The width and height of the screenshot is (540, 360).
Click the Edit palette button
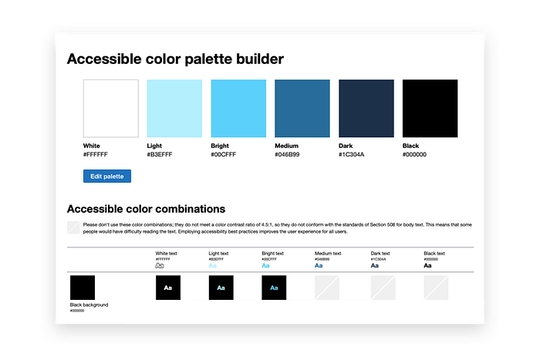coord(107,176)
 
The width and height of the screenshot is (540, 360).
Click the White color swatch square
coord(110,108)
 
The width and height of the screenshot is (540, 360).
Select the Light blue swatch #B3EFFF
coord(174,108)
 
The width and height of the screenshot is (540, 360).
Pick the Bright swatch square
coord(238,108)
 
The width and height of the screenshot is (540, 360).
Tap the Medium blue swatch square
coord(302,108)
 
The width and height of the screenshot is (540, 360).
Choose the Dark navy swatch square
coord(366,108)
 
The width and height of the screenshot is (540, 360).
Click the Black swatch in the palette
coord(430,108)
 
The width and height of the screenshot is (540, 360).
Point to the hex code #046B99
coord(288,154)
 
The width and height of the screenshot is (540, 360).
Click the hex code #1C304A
coord(352,154)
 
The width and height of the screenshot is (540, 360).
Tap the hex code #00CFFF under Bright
coord(224,154)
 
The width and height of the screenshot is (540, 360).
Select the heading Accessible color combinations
coord(146,209)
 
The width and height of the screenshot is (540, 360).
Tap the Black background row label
coord(89,305)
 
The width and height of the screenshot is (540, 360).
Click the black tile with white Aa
coord(168,288)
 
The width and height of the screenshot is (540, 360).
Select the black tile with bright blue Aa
coord(274,288)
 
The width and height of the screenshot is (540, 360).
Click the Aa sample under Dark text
coord(374,265)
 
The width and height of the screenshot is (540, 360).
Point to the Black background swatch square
coord(83,288)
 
